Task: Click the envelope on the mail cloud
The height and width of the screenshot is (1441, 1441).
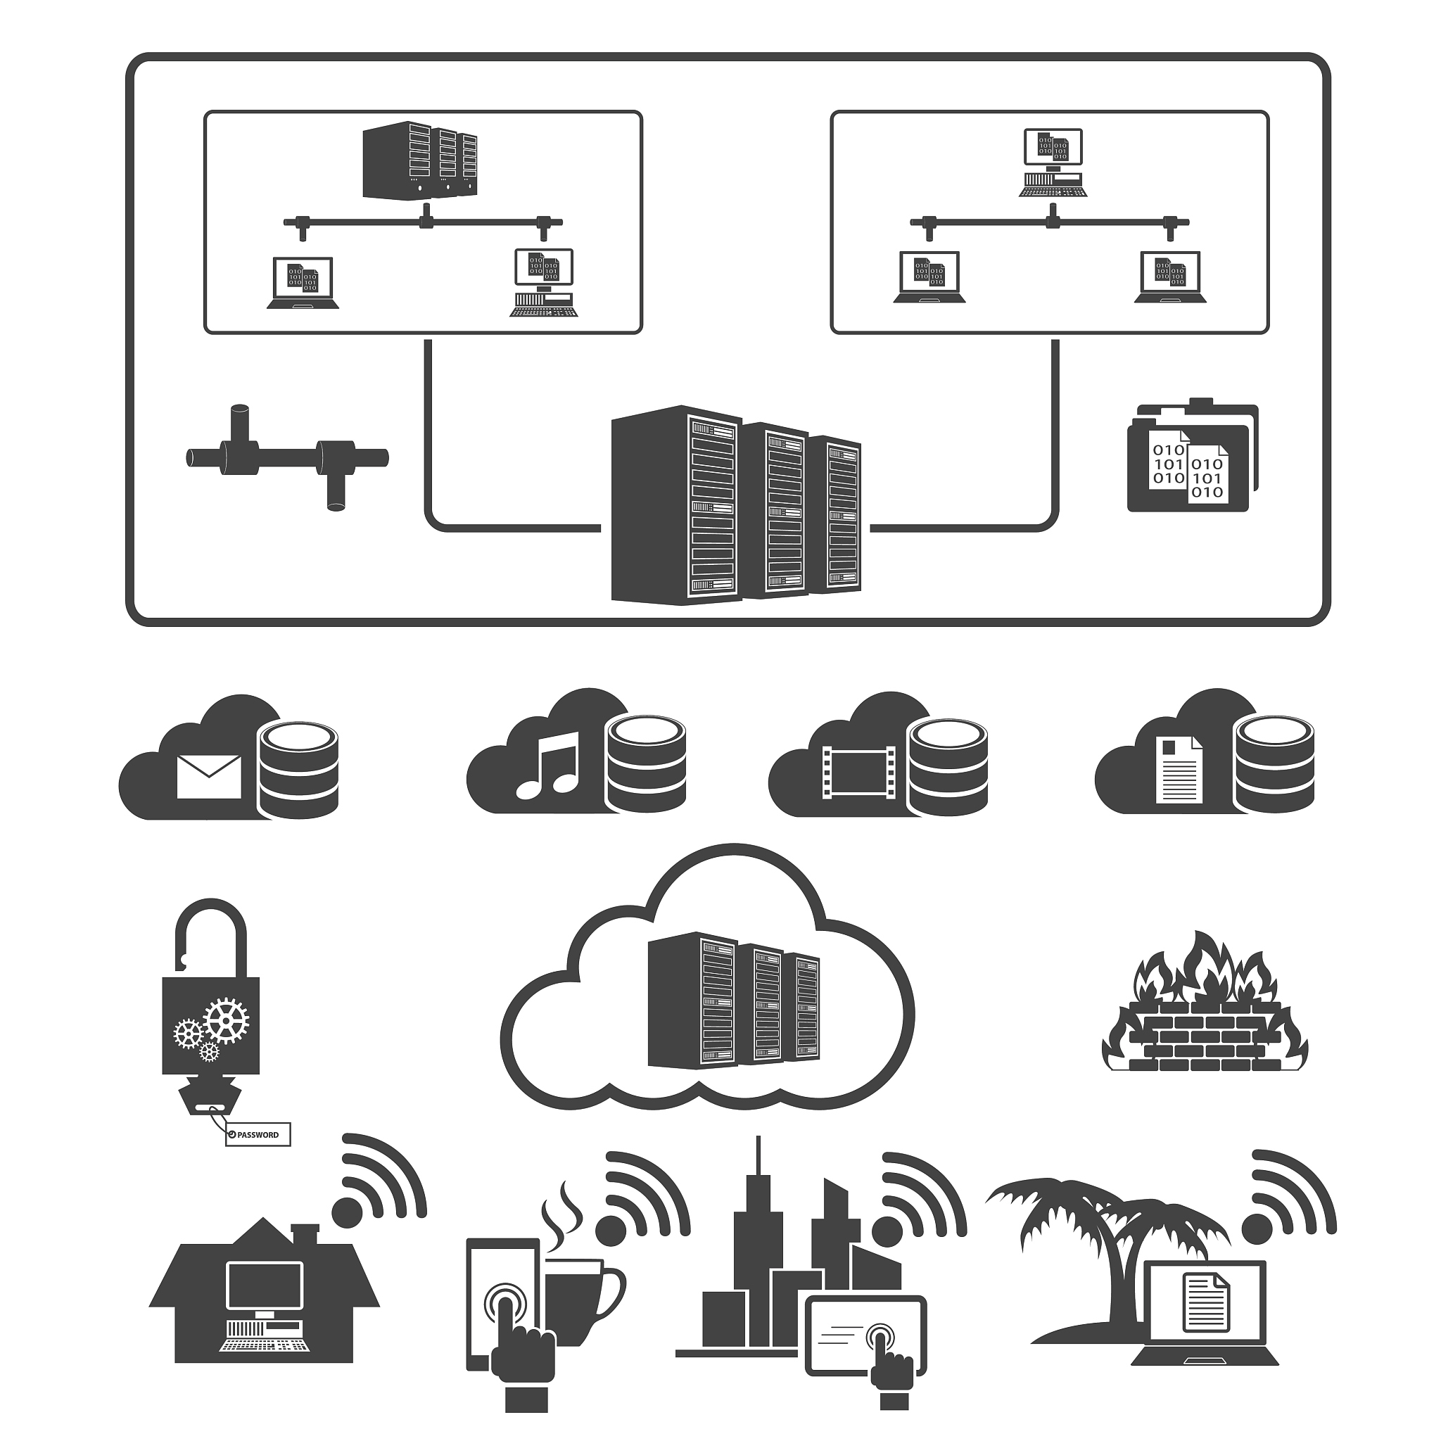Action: point(209,777)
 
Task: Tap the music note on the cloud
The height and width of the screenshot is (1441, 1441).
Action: point(548,765)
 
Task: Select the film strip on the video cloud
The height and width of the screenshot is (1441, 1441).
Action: point(857,773)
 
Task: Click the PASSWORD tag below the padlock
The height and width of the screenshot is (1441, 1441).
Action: point(258,1134)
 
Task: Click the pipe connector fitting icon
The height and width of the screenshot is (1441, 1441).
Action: point(287,457)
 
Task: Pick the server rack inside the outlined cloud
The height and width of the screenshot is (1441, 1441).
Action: point(732,999)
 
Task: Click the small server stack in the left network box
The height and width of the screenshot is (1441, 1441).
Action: point(419,160)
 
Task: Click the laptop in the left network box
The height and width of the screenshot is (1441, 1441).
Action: point(303,283)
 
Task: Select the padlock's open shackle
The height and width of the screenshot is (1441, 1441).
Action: point(211,933)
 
